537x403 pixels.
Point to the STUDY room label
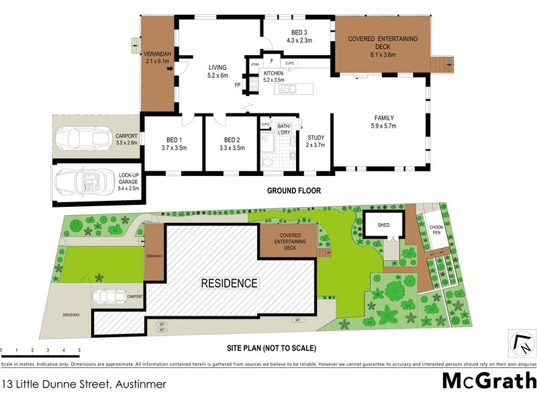pos(315,140)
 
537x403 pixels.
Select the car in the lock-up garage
pos(81,181)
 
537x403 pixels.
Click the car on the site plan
pos(107,296)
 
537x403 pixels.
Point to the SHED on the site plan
pos(384,226)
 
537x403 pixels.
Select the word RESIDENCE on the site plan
pos(230,283)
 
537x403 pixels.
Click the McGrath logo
pos(488,382)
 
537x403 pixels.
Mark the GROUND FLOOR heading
pos(294,191)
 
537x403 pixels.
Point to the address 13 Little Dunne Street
pos(83,385)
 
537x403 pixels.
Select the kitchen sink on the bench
pos(287,89)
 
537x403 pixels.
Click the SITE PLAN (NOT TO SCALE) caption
pos(271,348)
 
